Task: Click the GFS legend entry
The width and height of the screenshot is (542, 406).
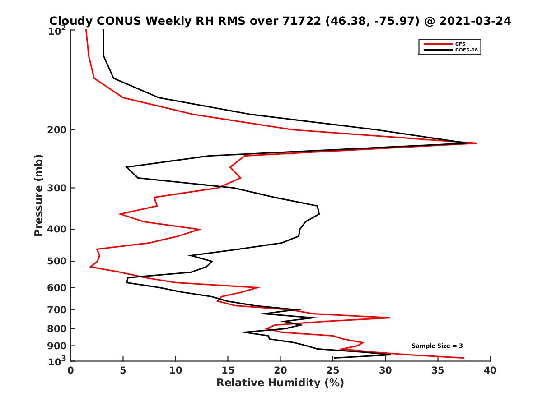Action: click(461, 44)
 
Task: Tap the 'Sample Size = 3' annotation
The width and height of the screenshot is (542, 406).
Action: click(437, 346)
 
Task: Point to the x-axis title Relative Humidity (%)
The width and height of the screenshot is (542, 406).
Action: click(280, 383)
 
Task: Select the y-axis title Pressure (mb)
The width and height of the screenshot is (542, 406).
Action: click(38, 195)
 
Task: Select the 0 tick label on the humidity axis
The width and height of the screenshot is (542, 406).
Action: click(71, 370)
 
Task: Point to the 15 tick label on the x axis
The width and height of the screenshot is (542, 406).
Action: click(228, 370)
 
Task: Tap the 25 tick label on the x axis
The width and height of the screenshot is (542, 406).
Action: click(333, 370)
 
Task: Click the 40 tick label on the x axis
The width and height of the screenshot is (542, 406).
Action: click(490, 370)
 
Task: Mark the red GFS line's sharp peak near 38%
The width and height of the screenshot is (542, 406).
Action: click(476, 143)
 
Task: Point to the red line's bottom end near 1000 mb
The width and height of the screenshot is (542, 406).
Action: click(463, 358)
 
